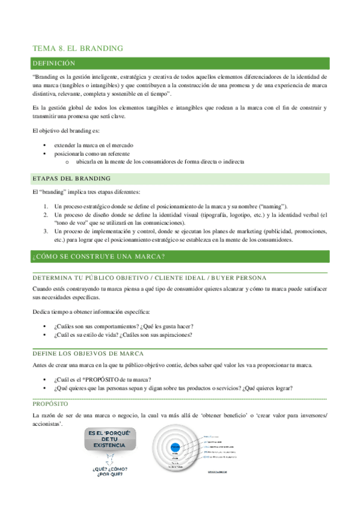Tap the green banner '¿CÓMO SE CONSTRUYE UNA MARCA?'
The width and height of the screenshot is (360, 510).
tap(99, 257)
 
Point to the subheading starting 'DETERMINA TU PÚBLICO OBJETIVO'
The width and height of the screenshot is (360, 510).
tap(150, 277)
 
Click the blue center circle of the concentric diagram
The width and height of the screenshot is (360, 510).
tap(175, 447)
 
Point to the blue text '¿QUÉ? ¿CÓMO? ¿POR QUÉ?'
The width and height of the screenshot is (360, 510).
tap(109, 472)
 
